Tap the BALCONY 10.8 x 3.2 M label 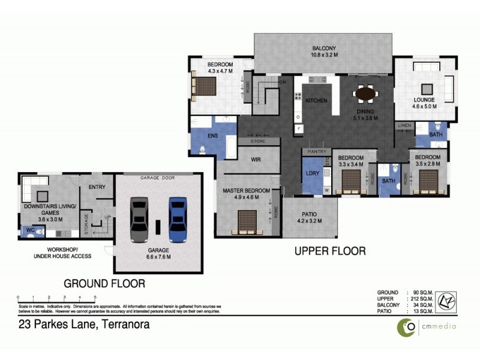323,52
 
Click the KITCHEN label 316,100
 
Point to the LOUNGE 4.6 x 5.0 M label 424,103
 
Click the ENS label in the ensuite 212,136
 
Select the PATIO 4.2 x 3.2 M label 310,217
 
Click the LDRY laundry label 311,174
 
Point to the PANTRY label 316,152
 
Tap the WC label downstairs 29,229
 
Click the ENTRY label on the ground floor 97,187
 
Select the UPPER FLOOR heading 329,251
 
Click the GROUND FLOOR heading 104,283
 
